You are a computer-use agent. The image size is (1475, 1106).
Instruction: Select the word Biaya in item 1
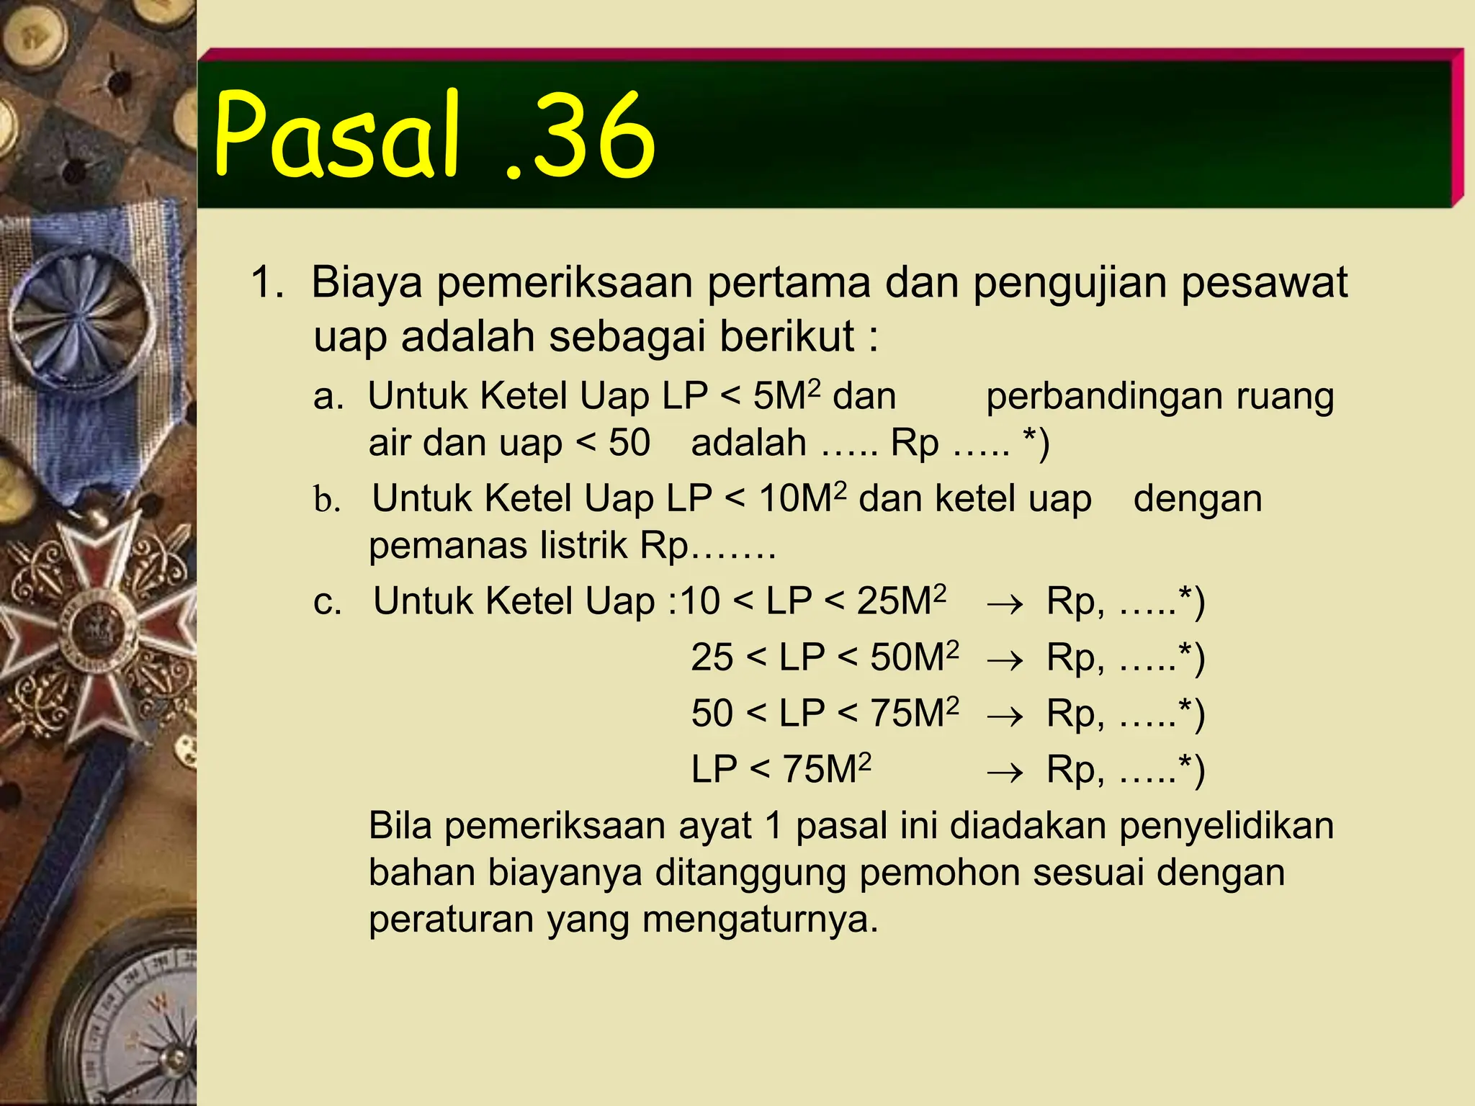(x=367, y=282)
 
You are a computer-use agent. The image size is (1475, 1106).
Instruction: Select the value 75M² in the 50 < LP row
(x=914, y=713)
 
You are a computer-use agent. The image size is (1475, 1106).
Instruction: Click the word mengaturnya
(x=760, y=920)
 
